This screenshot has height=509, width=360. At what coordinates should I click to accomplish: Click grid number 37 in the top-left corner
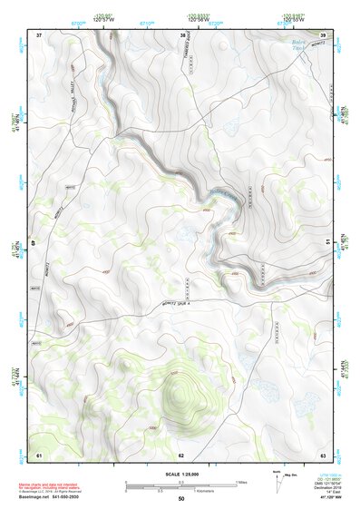39,34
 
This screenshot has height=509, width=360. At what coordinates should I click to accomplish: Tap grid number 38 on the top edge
183,34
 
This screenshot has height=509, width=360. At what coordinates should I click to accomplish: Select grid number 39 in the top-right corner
324,34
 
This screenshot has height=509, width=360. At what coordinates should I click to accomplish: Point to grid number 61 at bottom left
39,454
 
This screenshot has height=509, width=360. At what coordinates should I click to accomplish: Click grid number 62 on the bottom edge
181,454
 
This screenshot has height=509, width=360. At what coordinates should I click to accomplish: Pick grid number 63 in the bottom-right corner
323,454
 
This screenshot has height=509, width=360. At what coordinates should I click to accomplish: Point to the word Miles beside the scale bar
241,482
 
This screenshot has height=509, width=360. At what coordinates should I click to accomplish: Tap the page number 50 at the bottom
180,499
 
